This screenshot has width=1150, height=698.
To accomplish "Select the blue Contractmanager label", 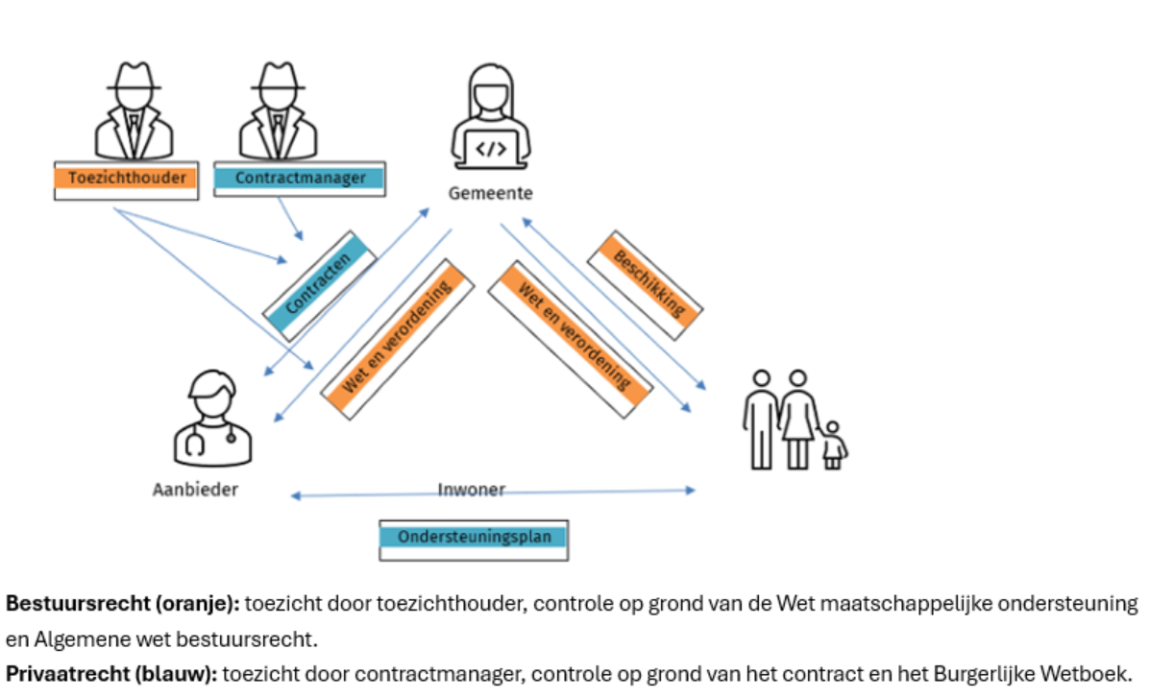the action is point(299,179).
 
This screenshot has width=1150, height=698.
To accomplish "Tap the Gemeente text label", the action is point(491,194).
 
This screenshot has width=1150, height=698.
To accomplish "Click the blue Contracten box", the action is point(320,286).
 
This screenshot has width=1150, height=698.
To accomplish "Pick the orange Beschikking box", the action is point(646,285).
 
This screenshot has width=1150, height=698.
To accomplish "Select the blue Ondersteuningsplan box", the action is point(474,541).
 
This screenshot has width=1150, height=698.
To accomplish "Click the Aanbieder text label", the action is point(195,490).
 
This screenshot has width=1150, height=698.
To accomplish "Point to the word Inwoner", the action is point(471,489).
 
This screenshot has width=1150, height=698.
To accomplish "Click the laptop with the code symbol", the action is point(491,149).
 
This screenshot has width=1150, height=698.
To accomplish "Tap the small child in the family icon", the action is point(832,445).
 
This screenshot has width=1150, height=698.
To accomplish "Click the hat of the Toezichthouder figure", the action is point(135,77).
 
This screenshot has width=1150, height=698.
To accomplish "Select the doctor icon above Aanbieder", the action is point(212,418).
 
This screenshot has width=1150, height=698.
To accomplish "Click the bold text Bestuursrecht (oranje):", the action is point(122,603).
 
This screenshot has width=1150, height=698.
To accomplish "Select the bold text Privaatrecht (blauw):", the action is point(111,673).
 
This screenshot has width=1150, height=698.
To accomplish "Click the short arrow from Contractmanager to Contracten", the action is point(290,219).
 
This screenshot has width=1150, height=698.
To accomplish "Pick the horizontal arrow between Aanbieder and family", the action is point(493,493).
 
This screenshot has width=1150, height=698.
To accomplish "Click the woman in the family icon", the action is point(798,419).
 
